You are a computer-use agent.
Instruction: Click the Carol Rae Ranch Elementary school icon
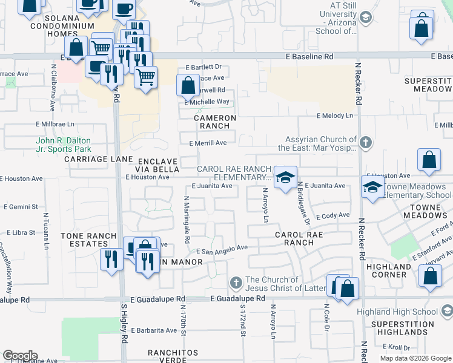(284, 177)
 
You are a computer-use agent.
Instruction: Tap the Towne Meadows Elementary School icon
(372, 186)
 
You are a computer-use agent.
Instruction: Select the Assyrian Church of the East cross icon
(365, 143)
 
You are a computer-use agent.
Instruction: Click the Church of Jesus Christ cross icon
(236, 283)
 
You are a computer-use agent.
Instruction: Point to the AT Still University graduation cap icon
(365, 18)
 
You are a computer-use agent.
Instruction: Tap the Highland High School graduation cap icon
(446, 312)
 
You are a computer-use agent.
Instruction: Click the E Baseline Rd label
(311, 56)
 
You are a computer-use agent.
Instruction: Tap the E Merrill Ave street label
(208, 143)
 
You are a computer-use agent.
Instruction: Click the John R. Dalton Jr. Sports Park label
(63, 145)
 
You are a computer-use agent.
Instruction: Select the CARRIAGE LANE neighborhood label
(98, 159)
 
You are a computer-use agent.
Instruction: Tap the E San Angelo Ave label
(222, 248)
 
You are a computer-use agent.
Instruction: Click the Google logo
(20, 356)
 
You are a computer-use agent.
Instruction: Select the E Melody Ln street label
(334, 116)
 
